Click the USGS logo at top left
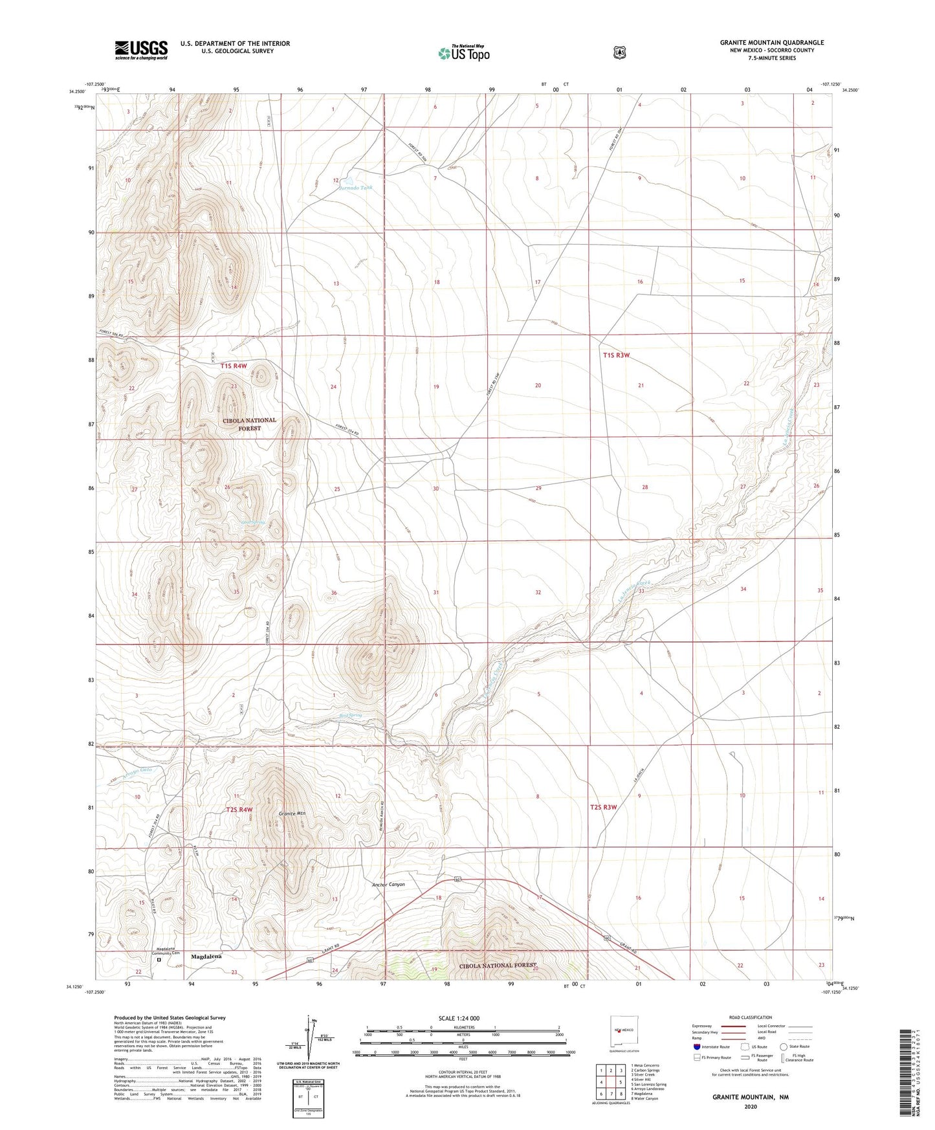(141, 50)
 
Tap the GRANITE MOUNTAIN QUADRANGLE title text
(771, 43)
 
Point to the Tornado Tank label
(355, 188)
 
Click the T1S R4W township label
(234, 366)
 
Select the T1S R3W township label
(616, 355)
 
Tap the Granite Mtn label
(292, 813)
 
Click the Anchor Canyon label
(388, 884)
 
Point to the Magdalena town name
(206, 956)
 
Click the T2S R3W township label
(604, 807)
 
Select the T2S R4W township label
(239, 810)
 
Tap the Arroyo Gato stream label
(137, 770)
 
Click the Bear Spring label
(350, 715)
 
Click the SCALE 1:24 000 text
(459, 1018)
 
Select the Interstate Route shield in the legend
(696, 1047)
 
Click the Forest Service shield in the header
(619, 52)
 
